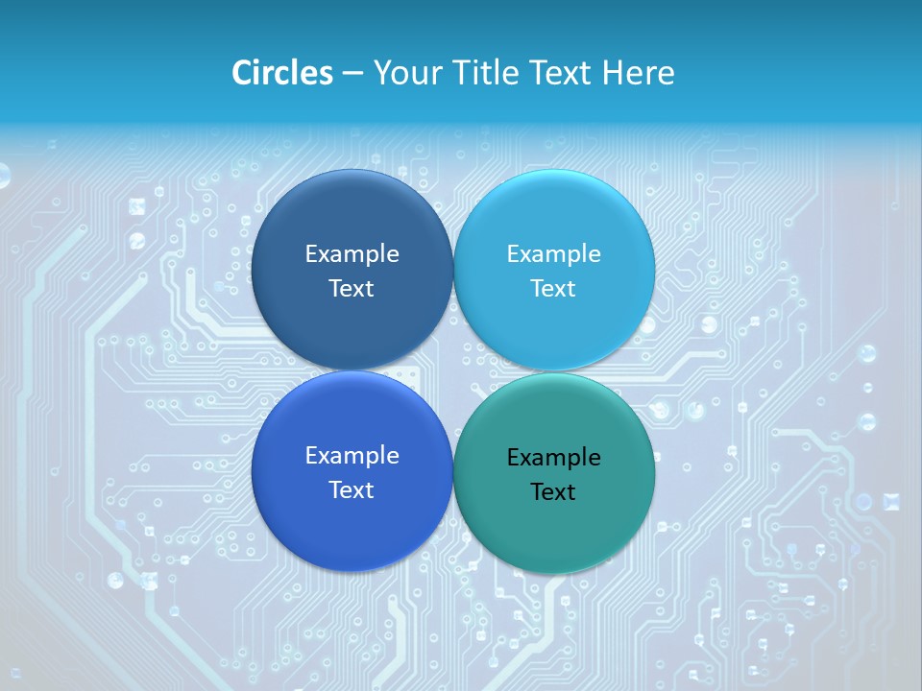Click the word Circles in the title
[x=282, y=73]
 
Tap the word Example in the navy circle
[x=352, y=254]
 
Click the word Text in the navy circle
[x=352, y=289]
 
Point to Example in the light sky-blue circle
[x=553, y=254]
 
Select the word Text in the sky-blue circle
[x=553, y=289]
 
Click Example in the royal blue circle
[x=352, y=456]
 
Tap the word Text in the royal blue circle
[x=352, y=490]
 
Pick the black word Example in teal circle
[x=553, y=458]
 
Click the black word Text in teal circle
[x=553, y=492]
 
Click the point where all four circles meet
[x=453, y=371]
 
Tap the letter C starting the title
[x=241, y=73]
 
